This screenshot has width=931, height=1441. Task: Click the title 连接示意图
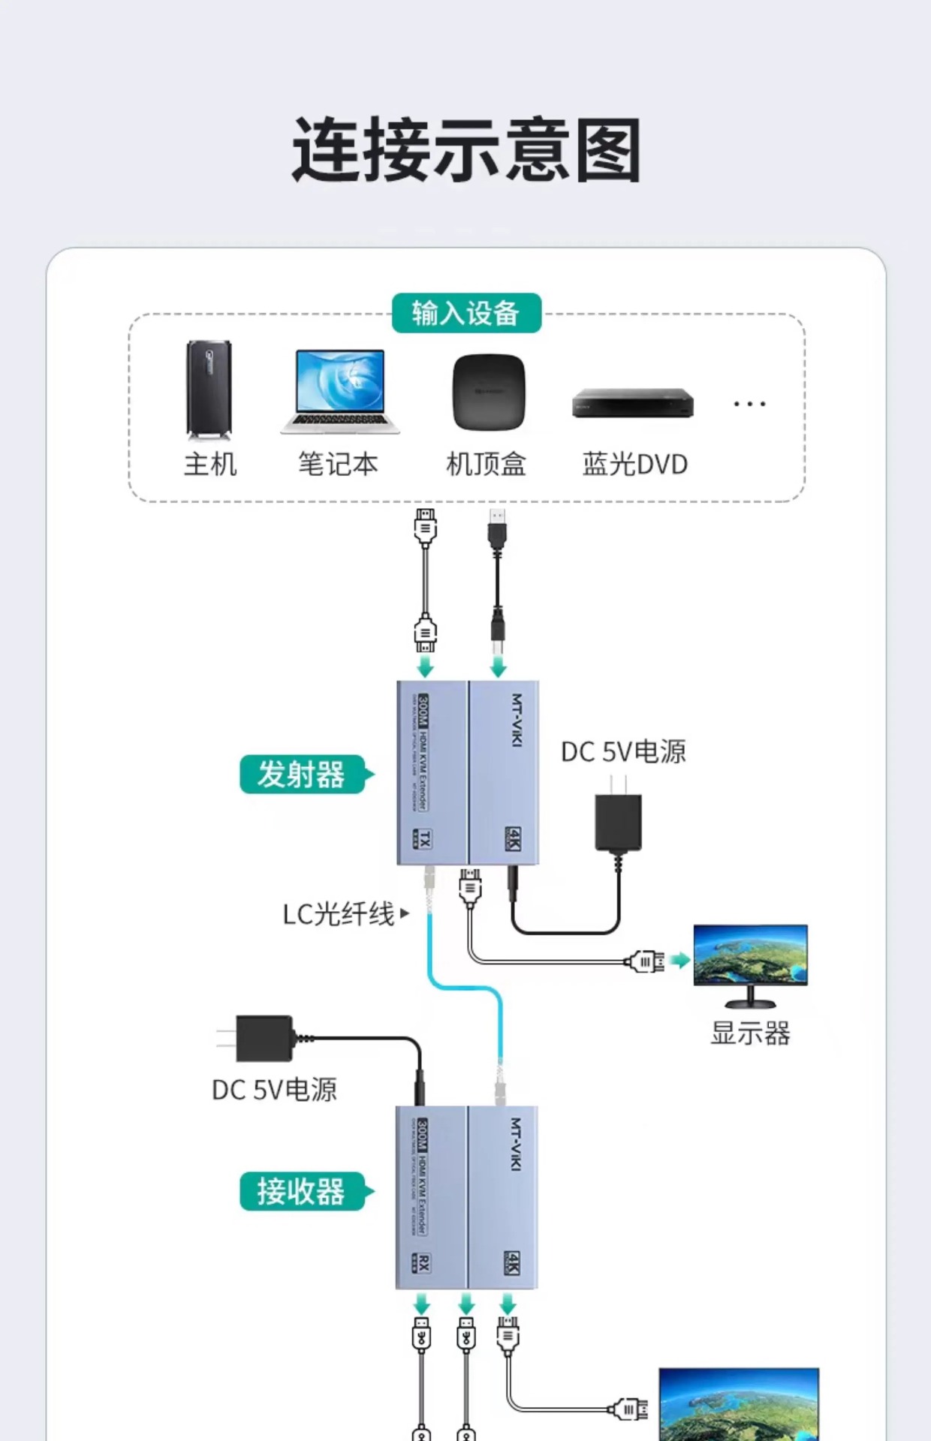pos(465,150)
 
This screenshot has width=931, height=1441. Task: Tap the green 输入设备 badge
pos(466,313)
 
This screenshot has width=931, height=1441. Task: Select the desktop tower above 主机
pos(209,390)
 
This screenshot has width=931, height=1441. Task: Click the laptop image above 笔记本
pos(340,391)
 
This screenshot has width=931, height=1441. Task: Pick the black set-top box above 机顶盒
pos(488,391)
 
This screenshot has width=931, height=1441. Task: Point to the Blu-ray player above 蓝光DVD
pos(632,403)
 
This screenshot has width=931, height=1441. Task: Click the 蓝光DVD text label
pos(634,465)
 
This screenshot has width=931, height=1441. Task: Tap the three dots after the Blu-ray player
pos(749,404)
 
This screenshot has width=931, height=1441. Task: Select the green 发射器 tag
pos(303,775)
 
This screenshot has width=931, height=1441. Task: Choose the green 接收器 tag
pos(303,1191)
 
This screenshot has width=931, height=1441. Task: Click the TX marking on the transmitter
pos(423,838)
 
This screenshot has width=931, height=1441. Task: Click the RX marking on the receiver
pos(422,1262)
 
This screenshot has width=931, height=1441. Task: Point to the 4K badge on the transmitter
pos(513,838)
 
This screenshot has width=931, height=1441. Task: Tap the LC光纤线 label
pos(339,913)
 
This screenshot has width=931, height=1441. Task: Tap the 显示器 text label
pos(750,1033)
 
